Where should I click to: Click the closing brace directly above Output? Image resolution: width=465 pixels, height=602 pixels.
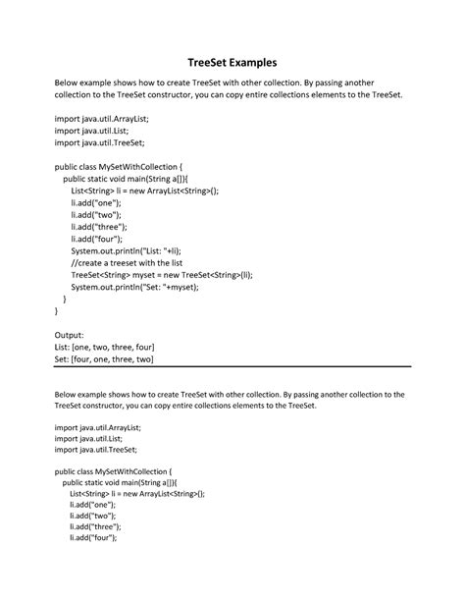click(x=57, y=311)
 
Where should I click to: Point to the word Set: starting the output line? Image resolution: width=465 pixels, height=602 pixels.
click(x=62, y=358)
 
